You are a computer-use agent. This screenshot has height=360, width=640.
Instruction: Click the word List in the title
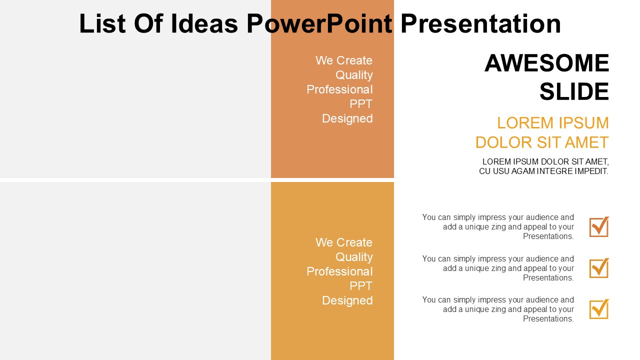coord(102,23)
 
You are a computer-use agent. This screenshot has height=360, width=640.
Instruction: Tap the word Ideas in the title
coord(204,23)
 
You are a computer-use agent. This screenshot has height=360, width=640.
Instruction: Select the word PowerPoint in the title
coord(319,23)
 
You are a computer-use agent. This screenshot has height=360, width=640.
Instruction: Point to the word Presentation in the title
coord(481,23)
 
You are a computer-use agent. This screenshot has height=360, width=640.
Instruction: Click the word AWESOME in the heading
coord(547,63)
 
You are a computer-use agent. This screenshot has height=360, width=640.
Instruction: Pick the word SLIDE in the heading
coord(574,91)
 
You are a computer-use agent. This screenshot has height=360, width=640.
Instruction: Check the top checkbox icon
coord(599,226)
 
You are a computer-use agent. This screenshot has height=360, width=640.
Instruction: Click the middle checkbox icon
coord(599,268)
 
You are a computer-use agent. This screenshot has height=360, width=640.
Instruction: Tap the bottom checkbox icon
coord(599,309)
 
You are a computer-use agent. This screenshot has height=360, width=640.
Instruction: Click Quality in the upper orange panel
coord(354,75)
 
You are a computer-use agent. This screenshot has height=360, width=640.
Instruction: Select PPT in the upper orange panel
coord(361,103)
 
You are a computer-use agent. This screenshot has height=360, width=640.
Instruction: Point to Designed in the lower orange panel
coord(347,300)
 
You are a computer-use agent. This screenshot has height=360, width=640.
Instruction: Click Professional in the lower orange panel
coord(339,271)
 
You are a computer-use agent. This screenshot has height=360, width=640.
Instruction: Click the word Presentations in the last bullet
coord(548,318)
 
